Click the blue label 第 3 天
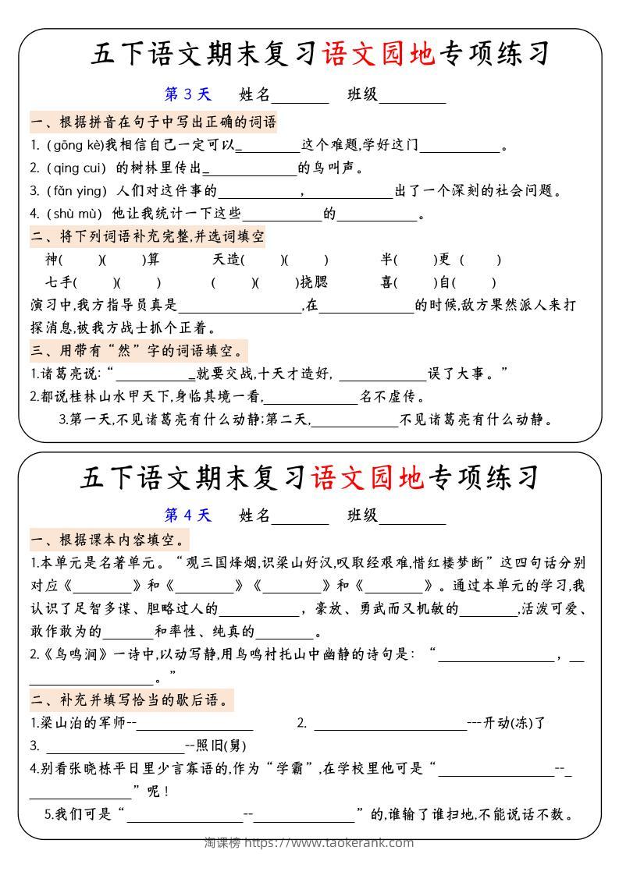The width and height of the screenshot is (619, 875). click(187, 94)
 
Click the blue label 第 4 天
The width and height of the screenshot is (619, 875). click(187, 515)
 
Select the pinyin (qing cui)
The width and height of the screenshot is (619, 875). click(76, 168)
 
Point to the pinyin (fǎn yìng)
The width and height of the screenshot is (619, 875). click(77, 190)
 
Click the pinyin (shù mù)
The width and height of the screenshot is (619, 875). click(75, 213)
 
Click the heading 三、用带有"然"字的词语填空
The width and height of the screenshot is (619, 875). click(138, 349)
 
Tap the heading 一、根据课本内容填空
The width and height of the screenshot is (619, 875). click(109, 539)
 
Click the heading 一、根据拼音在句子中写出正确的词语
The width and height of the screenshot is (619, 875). click(153, 122)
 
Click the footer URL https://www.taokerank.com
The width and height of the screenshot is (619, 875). click(329, 842)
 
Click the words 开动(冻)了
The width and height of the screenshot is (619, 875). click(515, 722)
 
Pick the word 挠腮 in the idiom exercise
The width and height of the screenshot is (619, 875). click(315, 282)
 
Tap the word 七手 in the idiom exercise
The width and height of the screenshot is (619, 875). click(59, 282)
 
